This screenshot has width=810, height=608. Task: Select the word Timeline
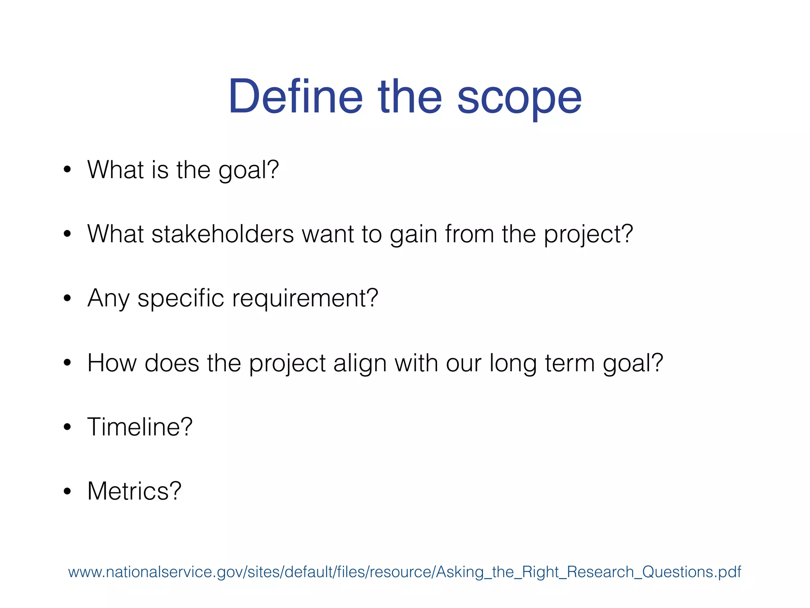134,427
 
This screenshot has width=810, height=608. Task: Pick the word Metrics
129,491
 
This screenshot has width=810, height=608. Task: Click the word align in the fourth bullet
360,363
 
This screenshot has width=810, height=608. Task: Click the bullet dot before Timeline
67,427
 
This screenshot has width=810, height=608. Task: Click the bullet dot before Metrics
67,491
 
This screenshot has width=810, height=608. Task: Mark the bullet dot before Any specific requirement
67,298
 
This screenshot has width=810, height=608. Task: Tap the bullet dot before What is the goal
67,170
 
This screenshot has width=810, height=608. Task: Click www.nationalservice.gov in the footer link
156,572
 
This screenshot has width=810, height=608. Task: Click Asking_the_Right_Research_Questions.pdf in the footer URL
589,572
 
